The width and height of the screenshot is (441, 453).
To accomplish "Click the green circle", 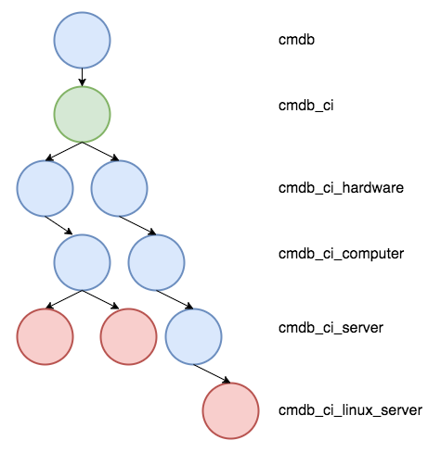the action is coord(82,114).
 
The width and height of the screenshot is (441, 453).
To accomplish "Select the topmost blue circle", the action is coord(82,40).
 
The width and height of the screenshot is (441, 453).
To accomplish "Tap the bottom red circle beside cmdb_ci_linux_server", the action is coord(230,410).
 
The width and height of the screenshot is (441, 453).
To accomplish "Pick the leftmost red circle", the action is coord(45,336).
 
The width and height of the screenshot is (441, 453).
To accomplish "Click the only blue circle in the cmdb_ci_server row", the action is coord(193,336).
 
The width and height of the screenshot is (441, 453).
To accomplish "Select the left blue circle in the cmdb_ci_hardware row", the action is coord(45,188).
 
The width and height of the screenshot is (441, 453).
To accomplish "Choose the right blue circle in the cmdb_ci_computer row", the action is coord(156,262).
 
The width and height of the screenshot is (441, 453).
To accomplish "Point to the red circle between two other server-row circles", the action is coord(128,336).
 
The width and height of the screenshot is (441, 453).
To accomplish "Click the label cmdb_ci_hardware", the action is coord(341,188).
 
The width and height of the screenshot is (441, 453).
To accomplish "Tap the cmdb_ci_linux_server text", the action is coord(350,410).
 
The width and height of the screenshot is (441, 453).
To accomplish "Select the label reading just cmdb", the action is coord(296,40).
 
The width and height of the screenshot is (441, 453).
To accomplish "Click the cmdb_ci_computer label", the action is coord(341,254).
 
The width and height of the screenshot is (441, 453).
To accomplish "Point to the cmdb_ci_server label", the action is coord(331,328).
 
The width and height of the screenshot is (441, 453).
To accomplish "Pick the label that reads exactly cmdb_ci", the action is coord(306,106).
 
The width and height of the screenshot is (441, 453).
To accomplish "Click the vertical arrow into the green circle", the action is coord(82,77).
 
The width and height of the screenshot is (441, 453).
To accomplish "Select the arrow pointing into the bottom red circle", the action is coord(212,373).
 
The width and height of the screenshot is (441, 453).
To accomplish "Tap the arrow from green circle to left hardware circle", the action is coord(63,151).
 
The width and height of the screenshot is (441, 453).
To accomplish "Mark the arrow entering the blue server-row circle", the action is coord(175,299).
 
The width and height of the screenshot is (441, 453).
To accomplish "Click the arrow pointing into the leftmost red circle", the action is coord(63,299).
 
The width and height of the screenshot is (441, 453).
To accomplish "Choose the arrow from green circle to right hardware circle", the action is coord(100,151).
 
